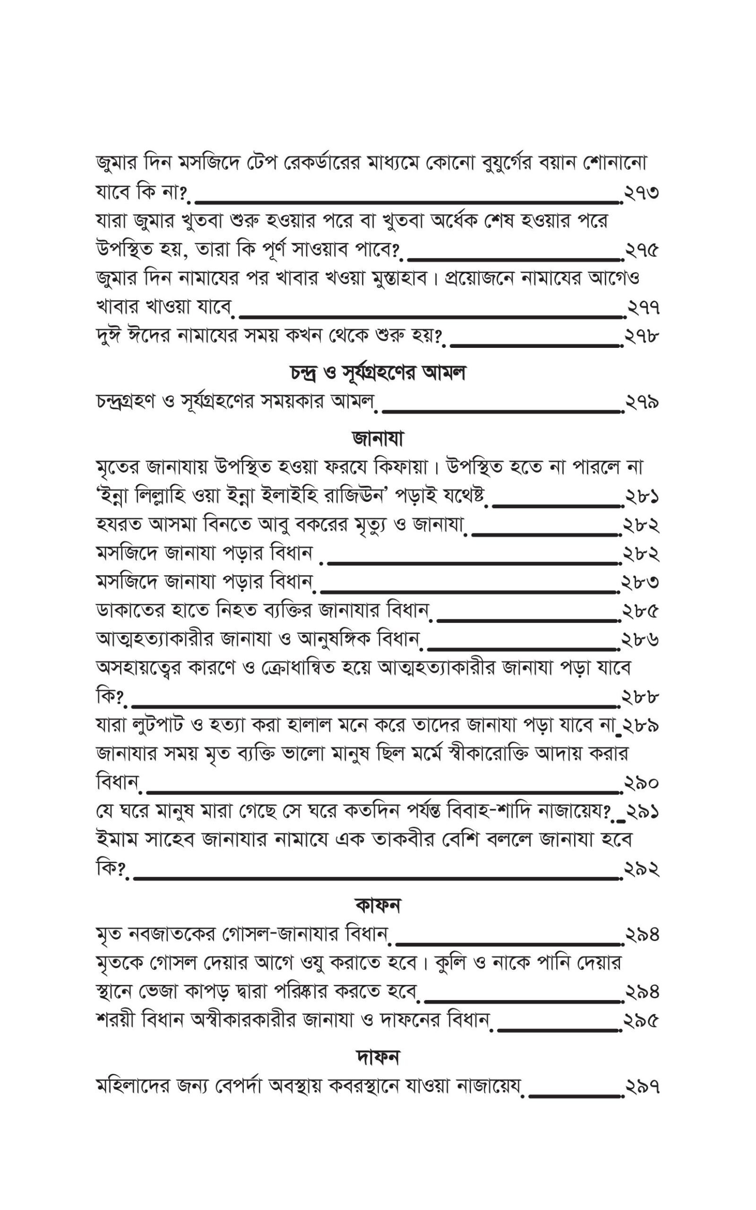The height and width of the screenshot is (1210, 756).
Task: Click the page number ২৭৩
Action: [642, 192]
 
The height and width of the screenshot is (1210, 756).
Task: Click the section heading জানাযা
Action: [378, 439]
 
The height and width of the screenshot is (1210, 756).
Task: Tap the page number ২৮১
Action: [642, 497]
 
